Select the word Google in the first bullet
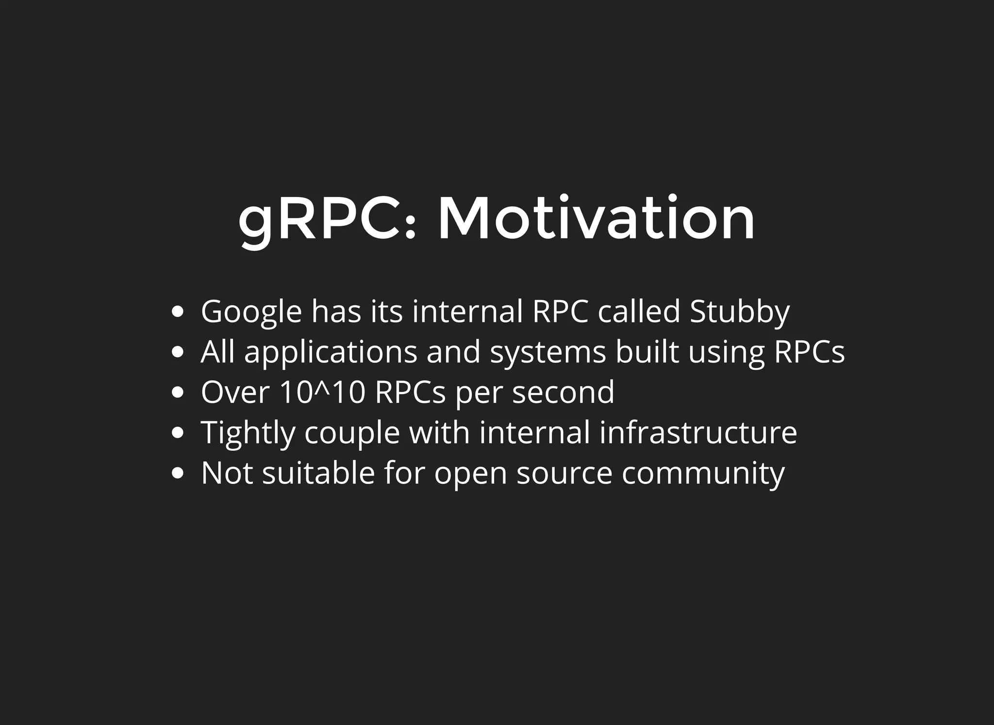pos(251,312)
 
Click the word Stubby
pos(740,312)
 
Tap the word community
pos(703,474)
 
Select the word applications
pos(331,353)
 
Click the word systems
pos(548,353)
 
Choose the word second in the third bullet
pos(563,392)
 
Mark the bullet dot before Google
pos(178,312)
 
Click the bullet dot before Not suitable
pos(178,473)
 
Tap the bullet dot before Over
pos(178,392)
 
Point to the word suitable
pos(318,473)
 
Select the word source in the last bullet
pos(564,474)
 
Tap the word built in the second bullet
pos(647,352)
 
